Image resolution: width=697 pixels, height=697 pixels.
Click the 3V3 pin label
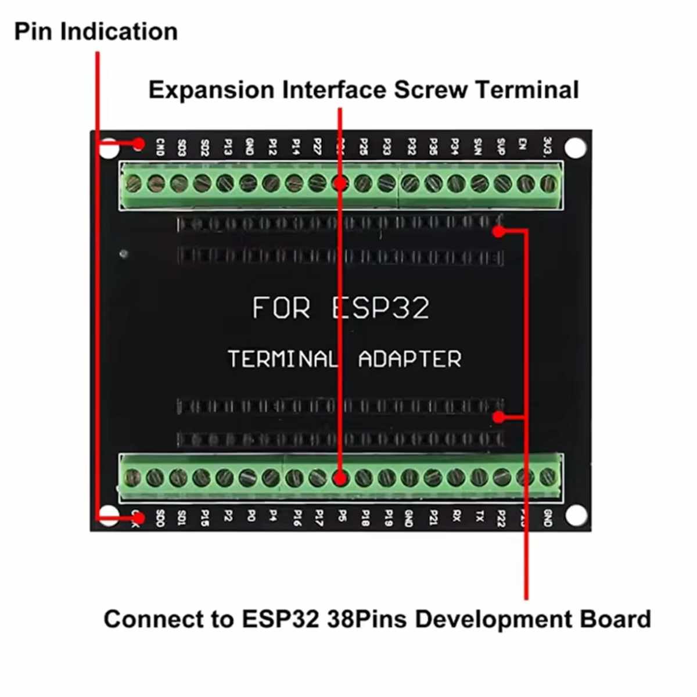point(547,146)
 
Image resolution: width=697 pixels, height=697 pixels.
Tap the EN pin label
point(523,145)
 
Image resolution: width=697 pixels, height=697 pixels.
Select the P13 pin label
point(227,147)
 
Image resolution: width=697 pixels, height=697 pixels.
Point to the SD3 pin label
point(181,147)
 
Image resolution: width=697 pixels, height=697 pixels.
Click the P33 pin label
point(386,146)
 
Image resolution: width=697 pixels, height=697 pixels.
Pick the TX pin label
point(479,516)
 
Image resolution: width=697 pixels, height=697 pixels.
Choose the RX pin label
point(456,516)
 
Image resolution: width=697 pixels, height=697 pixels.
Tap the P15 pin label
point(204,518)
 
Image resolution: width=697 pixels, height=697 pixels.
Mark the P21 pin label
point(433,518)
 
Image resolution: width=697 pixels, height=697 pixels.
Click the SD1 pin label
point(182,517)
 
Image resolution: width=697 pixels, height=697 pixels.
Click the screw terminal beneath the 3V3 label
point(548,185)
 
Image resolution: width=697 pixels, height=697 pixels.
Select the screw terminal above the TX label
point(479,478)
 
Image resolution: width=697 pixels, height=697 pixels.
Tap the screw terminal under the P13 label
point(225,184)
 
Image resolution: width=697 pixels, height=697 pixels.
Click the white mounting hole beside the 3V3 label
point(575,148)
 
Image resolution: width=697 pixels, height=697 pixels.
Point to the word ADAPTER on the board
point(409,359)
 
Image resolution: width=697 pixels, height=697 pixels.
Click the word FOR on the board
point(282,308)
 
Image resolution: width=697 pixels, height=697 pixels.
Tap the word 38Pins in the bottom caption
point(367,619)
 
